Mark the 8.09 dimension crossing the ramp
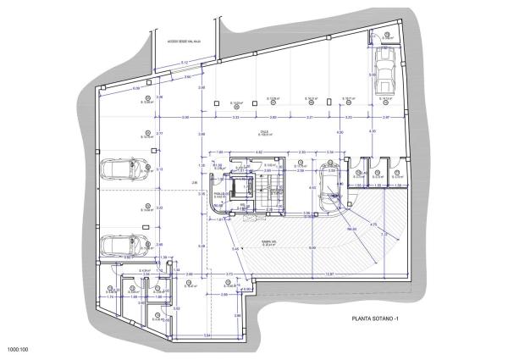coord(311,246)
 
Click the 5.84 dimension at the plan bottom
coord(207,335)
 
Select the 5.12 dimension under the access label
coord(183,61)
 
